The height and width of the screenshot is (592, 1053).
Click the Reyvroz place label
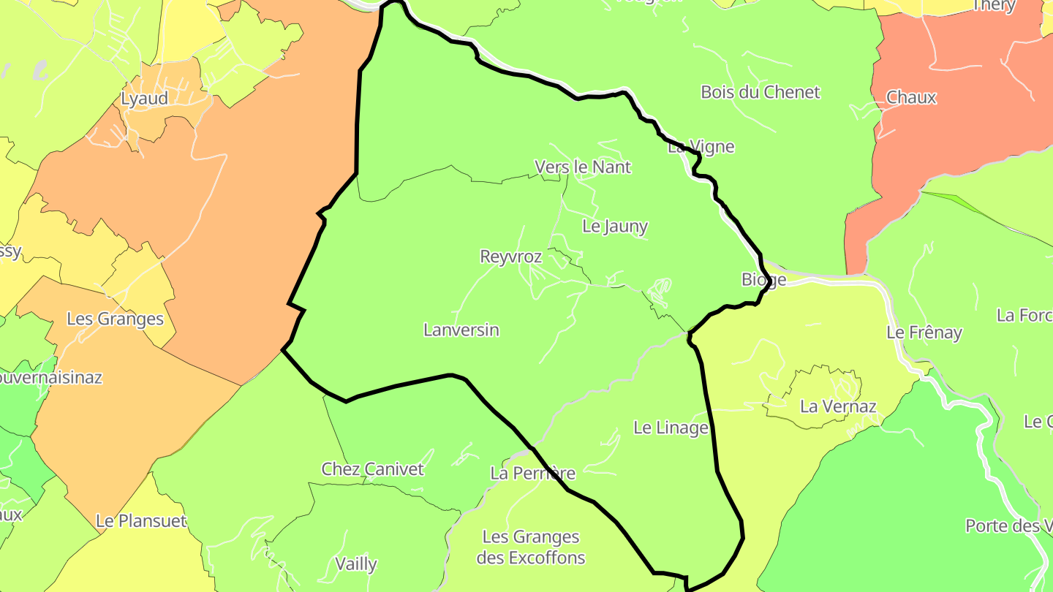coord(510,257)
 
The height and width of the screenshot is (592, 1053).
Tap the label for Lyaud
coord(145,99)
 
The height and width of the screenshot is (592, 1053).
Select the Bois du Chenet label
coord(760,92)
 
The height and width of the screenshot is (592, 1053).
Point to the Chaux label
coord(910,97)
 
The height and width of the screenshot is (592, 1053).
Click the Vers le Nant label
coord(583,167)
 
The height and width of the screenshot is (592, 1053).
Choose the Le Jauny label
coord(615,226)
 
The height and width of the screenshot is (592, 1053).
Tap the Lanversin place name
coord(461,330)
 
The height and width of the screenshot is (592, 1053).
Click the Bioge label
coord(763,279)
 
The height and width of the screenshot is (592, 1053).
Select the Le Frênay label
coord(924,333)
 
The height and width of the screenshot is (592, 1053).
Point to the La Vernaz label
coord(838,406)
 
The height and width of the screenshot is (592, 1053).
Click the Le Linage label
coord(671,428)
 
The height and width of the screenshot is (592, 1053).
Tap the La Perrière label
coord(533,473)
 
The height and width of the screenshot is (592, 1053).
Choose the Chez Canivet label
coord(372,469)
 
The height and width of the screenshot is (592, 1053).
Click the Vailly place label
coord(356,563)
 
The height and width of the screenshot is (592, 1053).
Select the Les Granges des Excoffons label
coord(531,547)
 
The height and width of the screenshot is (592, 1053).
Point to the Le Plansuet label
coord(141,522)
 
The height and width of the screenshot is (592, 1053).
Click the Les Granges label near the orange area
coord(115,319)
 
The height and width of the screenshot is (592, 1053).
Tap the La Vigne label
coord(701,147)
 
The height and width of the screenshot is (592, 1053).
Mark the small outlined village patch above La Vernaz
coord(819,384)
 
